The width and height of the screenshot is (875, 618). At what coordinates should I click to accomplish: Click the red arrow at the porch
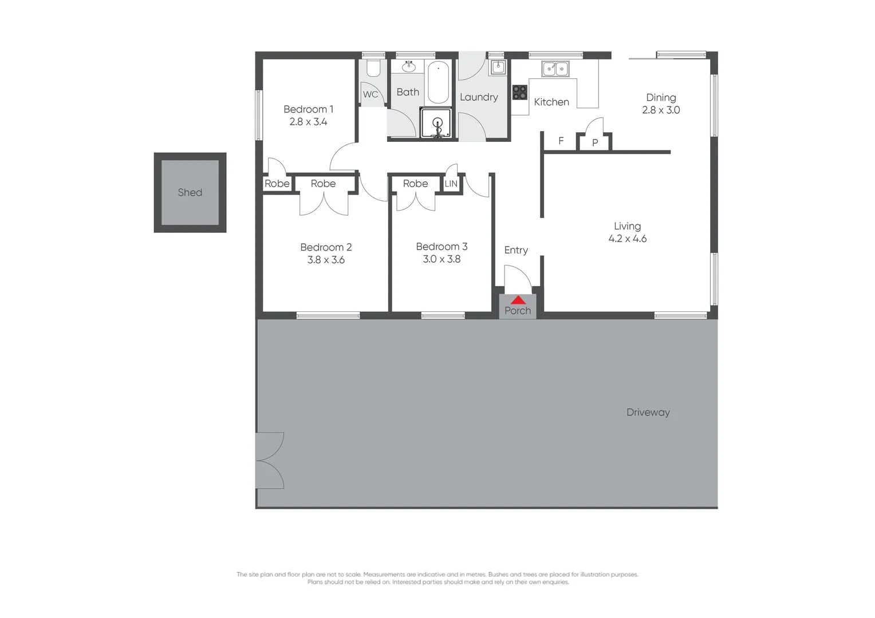(518, 300)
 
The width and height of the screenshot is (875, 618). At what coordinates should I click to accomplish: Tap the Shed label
(190, 193)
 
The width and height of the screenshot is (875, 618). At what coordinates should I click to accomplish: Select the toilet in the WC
(373, 68)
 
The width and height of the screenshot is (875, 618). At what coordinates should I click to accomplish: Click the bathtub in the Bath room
(438, 82)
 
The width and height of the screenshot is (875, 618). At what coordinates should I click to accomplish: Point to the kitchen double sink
(555, 69)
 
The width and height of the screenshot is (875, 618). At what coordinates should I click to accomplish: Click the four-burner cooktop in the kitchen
(519, 92)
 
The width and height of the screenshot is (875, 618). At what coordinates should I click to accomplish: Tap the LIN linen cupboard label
(451, 184)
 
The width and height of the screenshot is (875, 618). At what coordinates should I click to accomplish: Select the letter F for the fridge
(561, 141)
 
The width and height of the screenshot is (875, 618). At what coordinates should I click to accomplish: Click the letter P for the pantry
(595, 142)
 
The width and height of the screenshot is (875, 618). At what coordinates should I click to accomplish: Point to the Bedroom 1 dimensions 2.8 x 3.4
(308, 122)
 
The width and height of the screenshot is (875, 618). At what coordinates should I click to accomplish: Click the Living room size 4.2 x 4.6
(627, 239)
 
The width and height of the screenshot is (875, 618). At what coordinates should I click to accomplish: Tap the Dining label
(661, 97)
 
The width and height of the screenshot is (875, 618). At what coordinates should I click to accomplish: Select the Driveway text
(648, 413)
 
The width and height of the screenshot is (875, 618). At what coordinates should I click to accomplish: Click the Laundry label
(479, 97)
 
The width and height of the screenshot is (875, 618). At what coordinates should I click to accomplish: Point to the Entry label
(516, 250)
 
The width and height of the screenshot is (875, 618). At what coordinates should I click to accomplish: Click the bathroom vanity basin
(408, 67)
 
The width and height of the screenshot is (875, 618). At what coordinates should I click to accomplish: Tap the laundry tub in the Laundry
(498, 67)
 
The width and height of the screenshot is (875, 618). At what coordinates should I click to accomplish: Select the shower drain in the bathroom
(437, 122)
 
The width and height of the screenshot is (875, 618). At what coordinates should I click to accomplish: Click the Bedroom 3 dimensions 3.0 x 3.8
(442, 259)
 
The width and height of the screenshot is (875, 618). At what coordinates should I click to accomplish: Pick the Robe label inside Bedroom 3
(415, 184)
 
